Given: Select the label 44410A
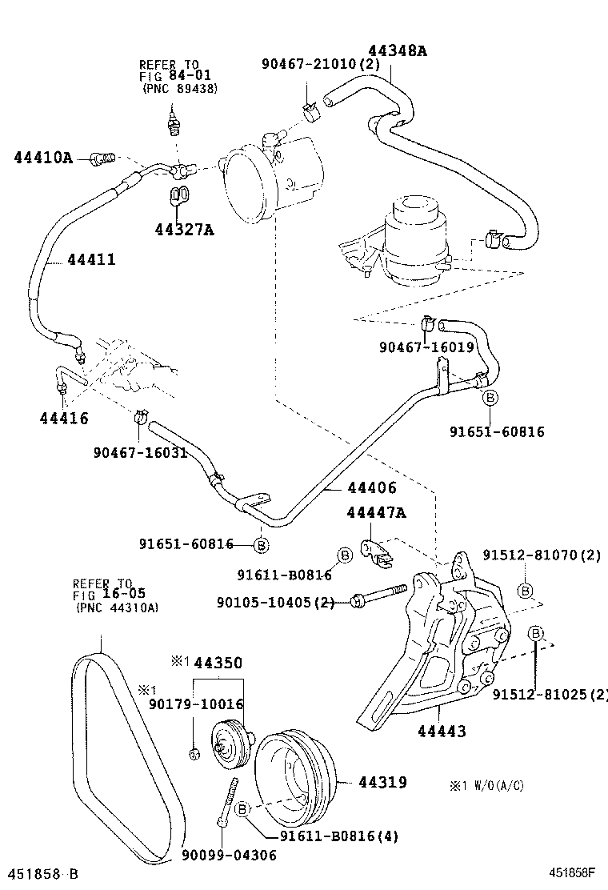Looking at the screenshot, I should coord(43,158).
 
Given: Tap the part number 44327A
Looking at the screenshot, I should coord(185,231).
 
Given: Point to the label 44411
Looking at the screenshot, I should coord(91,259).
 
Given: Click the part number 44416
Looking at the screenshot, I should coord(64,418).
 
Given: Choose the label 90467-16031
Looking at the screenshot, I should coord(140,452).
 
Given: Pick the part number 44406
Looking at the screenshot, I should coord(372,487).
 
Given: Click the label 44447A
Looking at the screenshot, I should coord(376,513).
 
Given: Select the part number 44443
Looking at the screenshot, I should coord(442,730).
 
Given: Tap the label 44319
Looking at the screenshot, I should coord(382,782).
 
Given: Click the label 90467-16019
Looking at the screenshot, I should coord(427,347).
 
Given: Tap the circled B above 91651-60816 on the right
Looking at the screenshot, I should coord(490,398).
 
